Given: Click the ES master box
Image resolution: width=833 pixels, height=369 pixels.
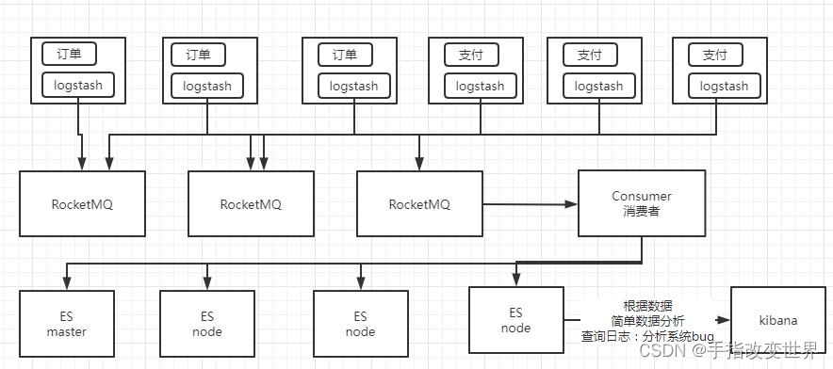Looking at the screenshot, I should (66, 323).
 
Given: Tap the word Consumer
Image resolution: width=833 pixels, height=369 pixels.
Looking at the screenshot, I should (642, 197).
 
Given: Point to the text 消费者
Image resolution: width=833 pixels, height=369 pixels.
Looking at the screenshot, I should (642, 212).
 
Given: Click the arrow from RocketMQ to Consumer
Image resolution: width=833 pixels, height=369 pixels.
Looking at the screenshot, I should (528, 203).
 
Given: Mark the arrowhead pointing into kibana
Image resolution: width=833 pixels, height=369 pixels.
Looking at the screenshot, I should (725, 320).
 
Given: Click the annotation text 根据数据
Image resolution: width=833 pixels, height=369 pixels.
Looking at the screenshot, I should (647, 306).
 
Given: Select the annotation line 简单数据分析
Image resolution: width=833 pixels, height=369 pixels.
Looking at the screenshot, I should (647, 320).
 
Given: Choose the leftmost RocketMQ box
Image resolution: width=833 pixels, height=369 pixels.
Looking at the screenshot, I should (82, 204).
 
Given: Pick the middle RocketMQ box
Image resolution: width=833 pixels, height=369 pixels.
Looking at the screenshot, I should (251, 204).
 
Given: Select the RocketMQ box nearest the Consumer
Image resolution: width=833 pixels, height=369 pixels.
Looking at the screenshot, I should (419, 204).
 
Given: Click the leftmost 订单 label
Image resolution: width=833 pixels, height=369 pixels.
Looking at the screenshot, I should (69, 54).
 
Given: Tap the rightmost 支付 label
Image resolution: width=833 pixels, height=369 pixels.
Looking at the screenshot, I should (715, 55).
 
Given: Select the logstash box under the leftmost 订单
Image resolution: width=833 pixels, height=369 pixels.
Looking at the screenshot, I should (78, 86).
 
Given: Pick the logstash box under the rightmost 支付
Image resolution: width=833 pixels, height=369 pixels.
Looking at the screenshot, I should (725, 86).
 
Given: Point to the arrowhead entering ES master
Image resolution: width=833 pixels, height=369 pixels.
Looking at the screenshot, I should (65, 281).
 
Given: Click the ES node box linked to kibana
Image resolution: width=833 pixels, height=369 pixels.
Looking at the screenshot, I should (515, 320).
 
